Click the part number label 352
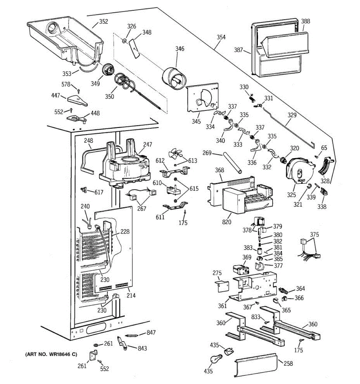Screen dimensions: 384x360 pyautogui.click(x=103, y=22)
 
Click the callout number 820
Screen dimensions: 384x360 pyautogui.click(x=227, y=222)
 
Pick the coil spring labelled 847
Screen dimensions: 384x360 pyautogui.click(x=132, y=335)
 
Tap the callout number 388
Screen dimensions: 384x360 pyautogui.click(x=305, y=21)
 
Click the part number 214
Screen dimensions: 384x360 pyautogui.click(x=131, y=295)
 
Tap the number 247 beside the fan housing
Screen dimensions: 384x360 pyautogui.click(x=148, y=145)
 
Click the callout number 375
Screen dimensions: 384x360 pyautogui.click(x=314, y=235)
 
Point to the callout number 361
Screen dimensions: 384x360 pyautogui.click(x=222, y=306)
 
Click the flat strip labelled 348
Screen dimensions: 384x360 pyautogui.click(x=135, y=48)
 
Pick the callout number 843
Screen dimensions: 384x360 pyautogui.click(x=142, y=348)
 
